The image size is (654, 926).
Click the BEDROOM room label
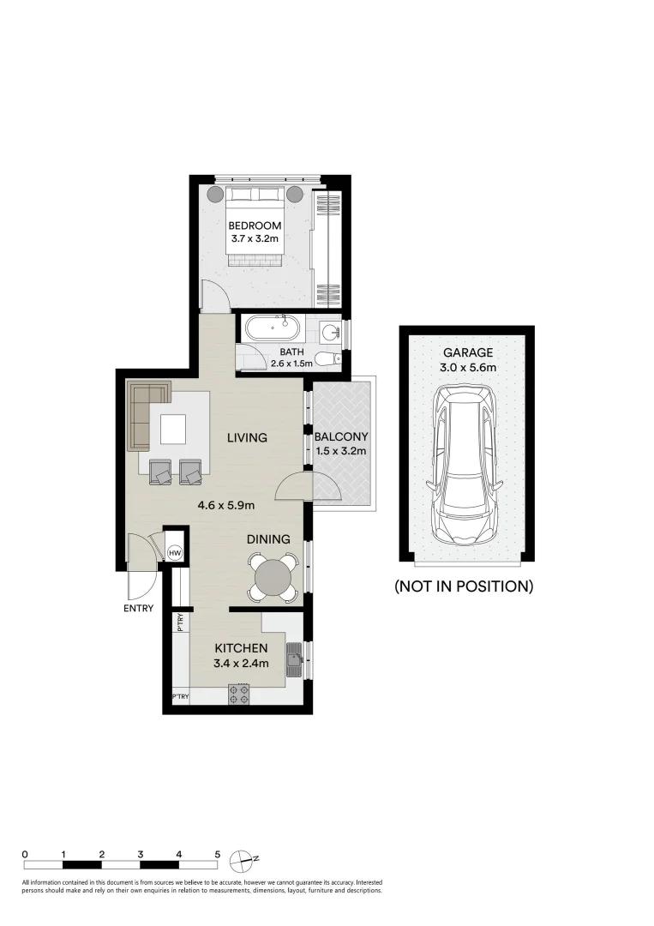click(255, 225)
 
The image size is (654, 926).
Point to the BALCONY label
click(341, 436)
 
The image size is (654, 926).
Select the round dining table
click(273, 576)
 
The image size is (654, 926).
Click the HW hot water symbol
click(175, 554)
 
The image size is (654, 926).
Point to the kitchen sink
click(294, 659)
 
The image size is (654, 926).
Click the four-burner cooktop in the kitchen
click(239, 694)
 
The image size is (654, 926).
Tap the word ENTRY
click(139, 609)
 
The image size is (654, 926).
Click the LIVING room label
click(247, 437)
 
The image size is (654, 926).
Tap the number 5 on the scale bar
click(218, 854)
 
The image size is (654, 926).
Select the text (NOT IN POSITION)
click(464, 586)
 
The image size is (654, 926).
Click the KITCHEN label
click(242, 647)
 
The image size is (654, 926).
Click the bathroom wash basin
click(331, 330)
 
